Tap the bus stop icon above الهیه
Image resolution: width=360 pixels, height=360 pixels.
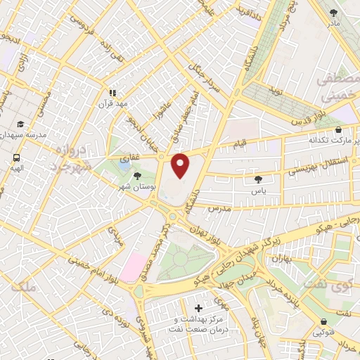(x=16, y=157)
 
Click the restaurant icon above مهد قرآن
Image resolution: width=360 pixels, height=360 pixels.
(x=112, y=92)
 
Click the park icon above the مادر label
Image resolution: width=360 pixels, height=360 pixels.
(x=334, y=13)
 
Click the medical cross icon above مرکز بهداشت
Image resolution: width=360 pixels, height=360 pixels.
(x=198, y=308)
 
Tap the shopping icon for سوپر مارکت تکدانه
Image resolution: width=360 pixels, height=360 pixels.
(x=339, y=130)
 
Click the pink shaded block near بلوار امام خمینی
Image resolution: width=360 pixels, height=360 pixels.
(x=133, y=268)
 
